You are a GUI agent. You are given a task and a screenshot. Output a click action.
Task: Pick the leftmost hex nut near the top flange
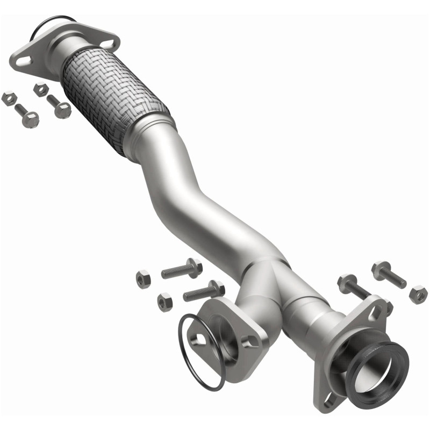pyautogui.click(x=8, y=98)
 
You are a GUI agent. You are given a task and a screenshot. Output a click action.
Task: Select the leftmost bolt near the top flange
pyautogui.click(x=27, y=116)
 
